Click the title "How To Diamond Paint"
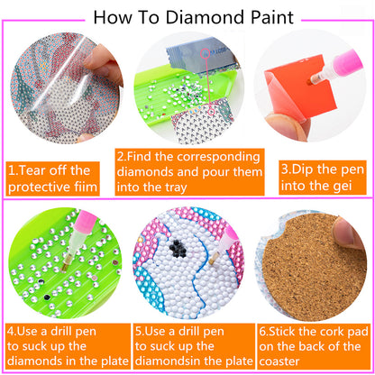[187, 15]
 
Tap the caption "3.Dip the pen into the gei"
[315, 178]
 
